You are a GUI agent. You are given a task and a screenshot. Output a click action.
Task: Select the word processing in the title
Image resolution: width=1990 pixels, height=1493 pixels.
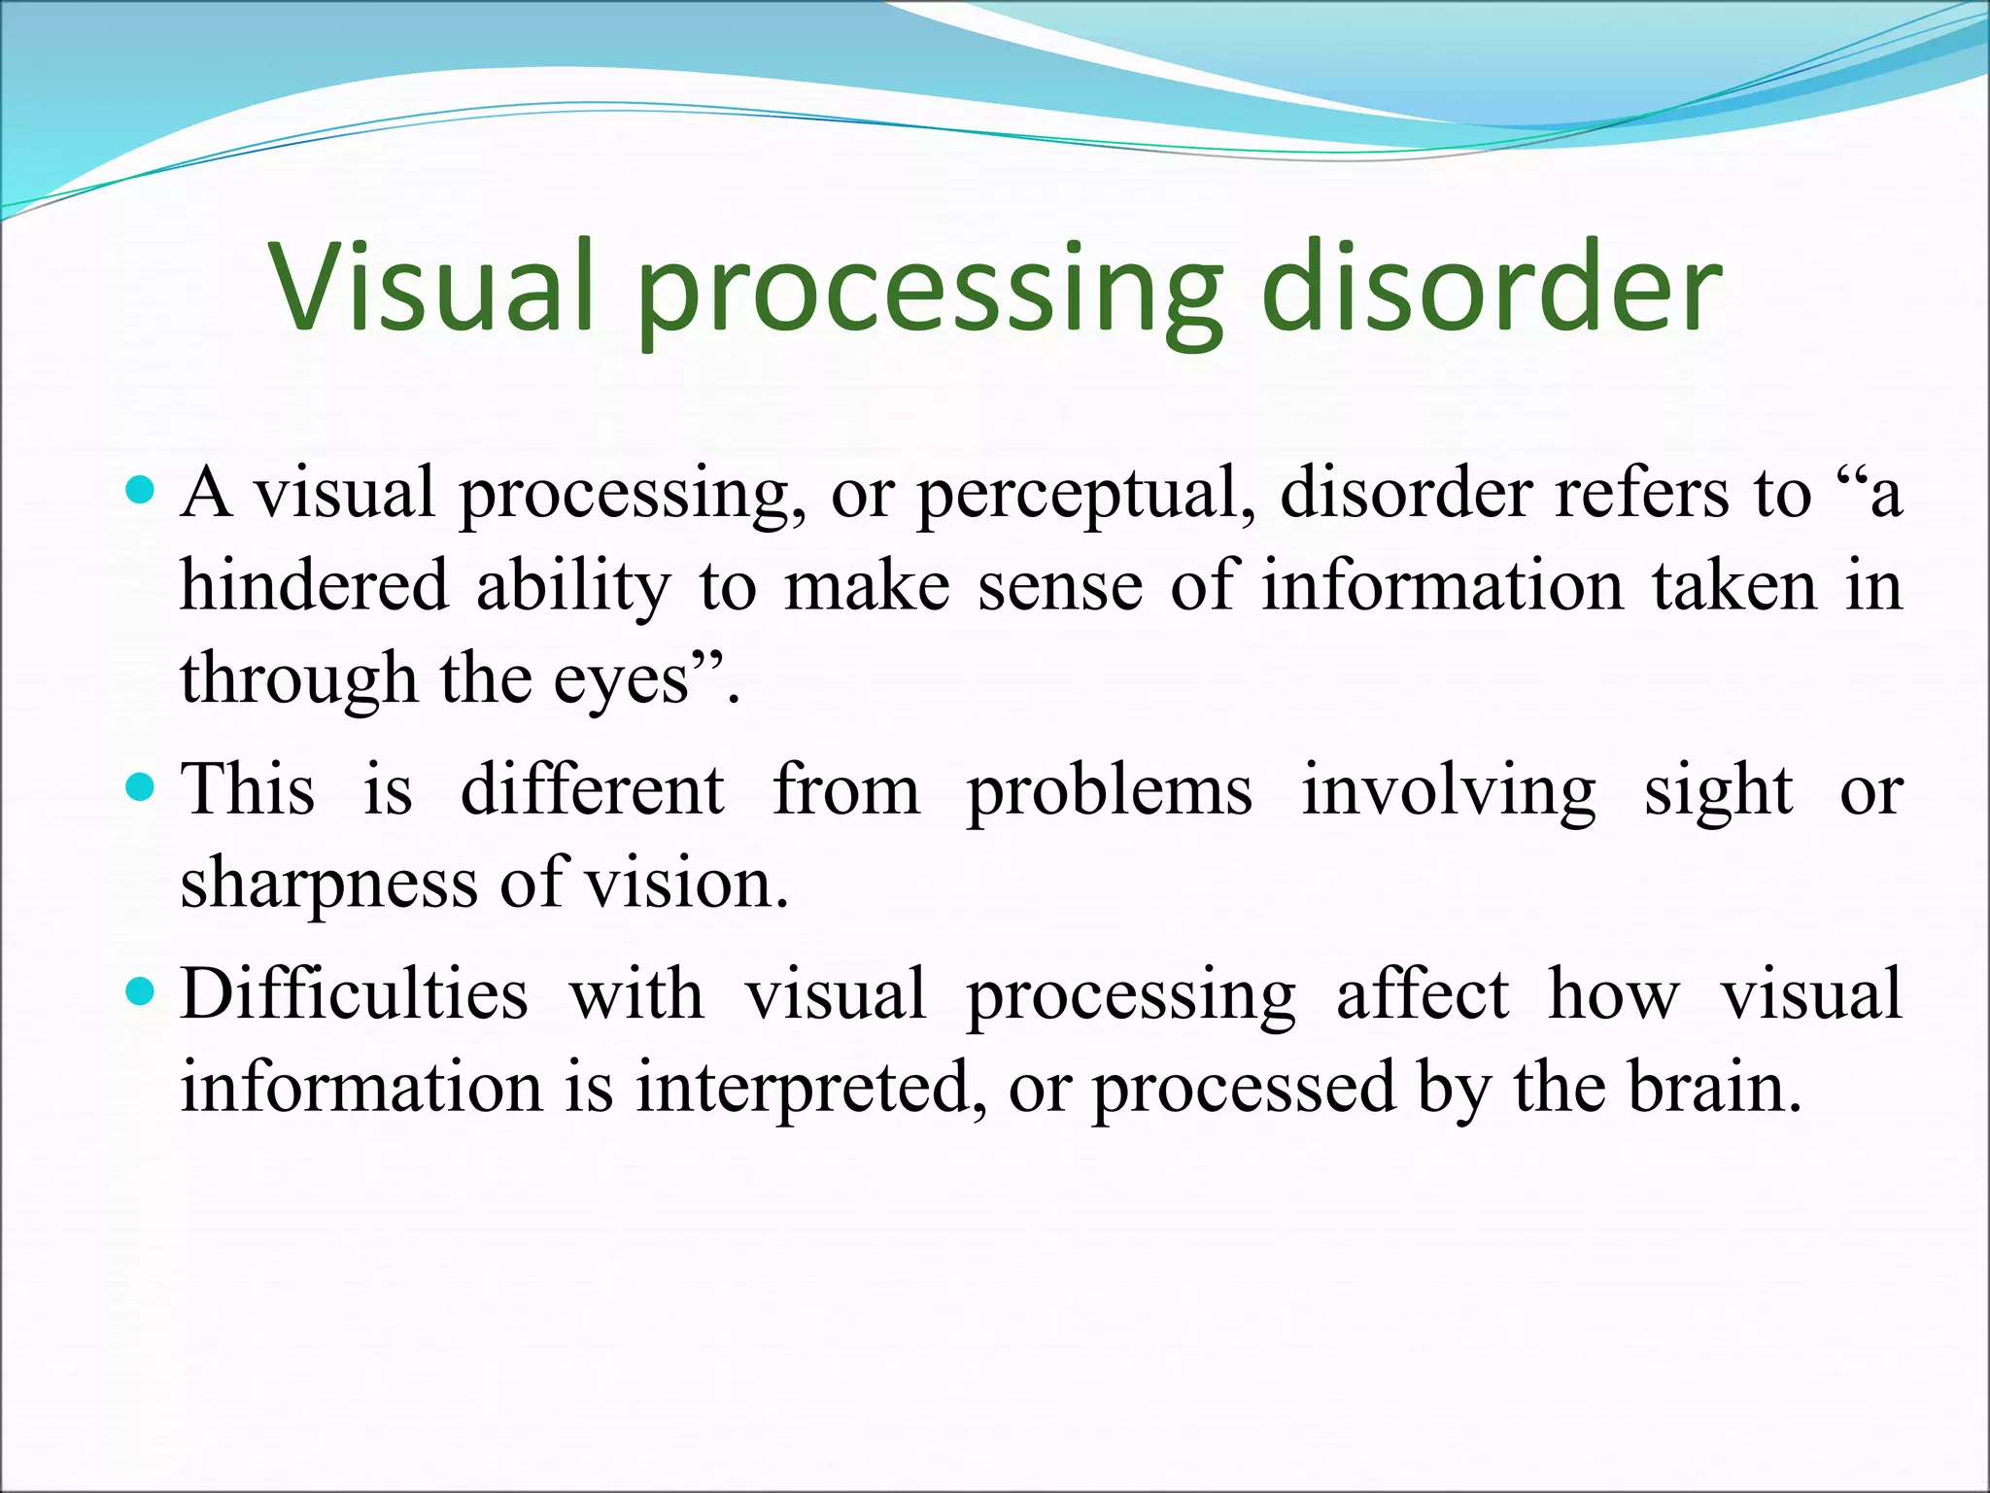928,296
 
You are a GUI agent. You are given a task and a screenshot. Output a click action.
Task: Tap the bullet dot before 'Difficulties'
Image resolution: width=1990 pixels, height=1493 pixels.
142,991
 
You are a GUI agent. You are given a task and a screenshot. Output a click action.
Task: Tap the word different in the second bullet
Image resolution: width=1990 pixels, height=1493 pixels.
593,788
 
